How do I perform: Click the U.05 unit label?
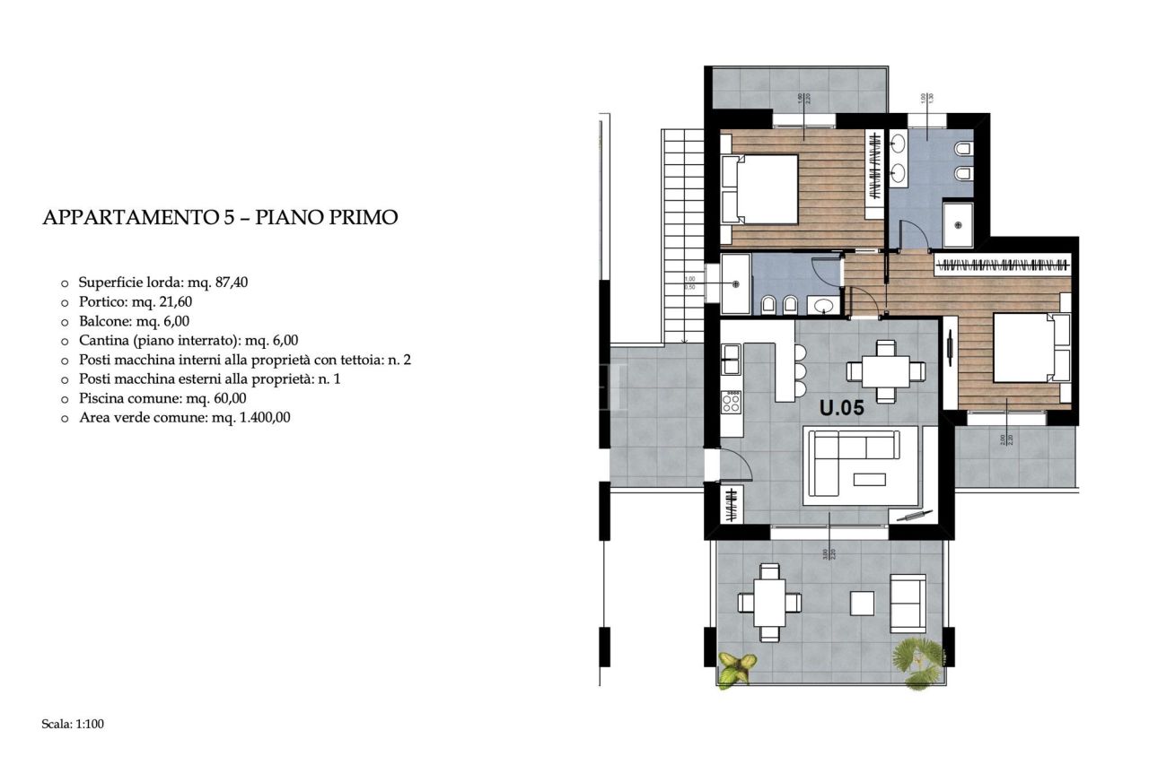(841, 409)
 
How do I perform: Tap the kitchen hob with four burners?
(732, 402)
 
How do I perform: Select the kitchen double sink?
(732, 360)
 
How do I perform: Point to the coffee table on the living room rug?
(869, 479)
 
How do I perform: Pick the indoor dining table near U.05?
(884, 370)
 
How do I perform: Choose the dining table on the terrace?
(769, 602)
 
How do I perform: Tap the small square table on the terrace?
(862, 603)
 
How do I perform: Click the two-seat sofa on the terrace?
(907, 603)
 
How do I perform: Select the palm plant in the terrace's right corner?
(918, 662)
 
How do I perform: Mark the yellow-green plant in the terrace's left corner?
(737, 666)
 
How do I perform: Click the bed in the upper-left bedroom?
(760, 189)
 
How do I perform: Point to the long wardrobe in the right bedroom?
(1003, 265)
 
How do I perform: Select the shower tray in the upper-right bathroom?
(958, 223)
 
